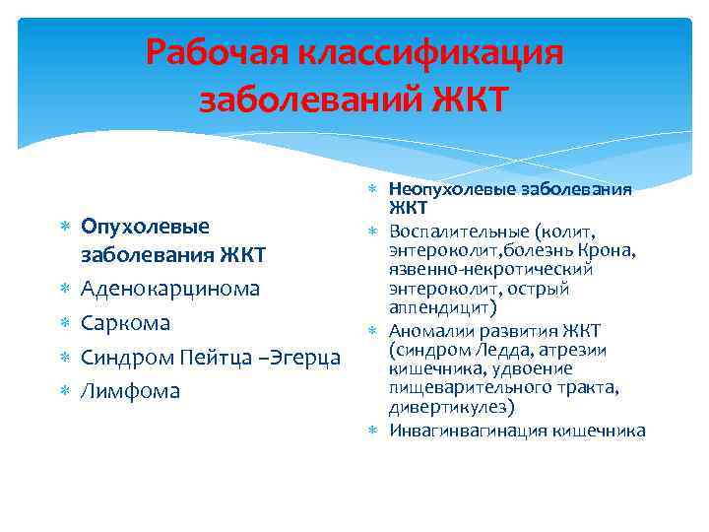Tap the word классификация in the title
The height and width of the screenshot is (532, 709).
(x=441, y=51)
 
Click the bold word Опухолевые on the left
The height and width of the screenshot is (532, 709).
(x=145, y=227)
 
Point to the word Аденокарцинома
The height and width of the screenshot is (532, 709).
(x=170, y=289)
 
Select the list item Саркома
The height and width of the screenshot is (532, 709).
(x=125, y=323)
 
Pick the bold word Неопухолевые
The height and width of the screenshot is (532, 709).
(x=445, y=190)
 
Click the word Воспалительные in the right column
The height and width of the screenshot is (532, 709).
(x=459, y=232)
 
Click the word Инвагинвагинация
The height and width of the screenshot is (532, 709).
(x=466, y=431)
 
